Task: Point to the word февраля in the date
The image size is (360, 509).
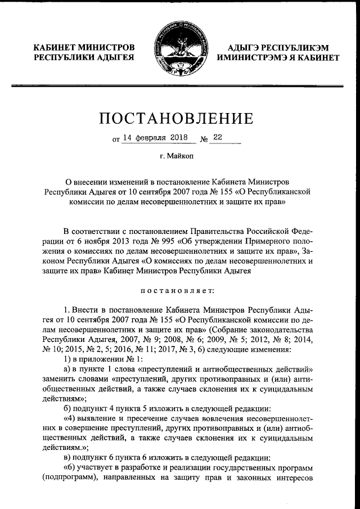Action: pyautogui.click(x=145, y=137)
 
